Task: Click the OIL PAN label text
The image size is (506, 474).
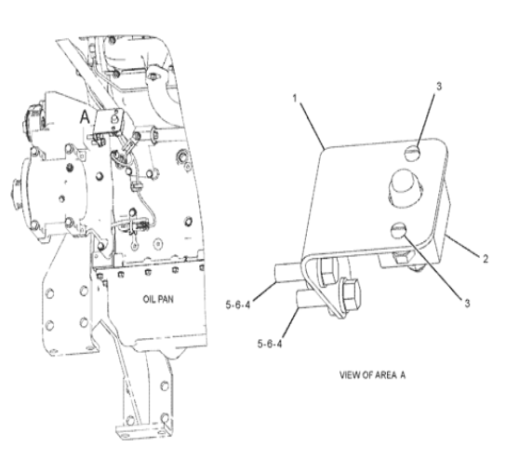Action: coord(158,299)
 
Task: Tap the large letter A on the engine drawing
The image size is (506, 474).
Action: coord(85,117)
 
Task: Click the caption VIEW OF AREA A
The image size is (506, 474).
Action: coord(372,374)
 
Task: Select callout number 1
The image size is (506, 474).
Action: coord(295,98)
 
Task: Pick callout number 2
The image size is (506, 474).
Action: coord(486,259)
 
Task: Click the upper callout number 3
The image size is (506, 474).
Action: coord(439,87)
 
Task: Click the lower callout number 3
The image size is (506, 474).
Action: coord(467,303)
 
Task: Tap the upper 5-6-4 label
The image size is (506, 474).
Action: coord(238,305)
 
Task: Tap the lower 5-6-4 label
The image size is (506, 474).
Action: coord(270,344)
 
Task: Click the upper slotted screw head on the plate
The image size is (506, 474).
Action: coord(412,151)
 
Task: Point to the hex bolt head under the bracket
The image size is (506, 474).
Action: coord(352,295)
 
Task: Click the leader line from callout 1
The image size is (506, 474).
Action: coord(313,127)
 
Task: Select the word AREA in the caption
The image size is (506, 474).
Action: coord(386,374)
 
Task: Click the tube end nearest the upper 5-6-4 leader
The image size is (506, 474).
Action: coord(277,274)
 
